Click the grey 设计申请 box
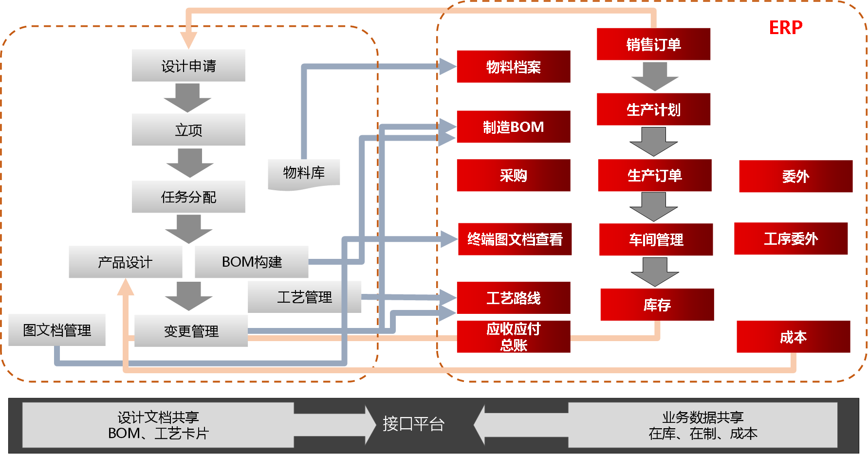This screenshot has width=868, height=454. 188,65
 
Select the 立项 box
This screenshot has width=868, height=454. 188,129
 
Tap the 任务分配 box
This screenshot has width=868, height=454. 188,197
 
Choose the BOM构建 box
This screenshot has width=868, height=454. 252,262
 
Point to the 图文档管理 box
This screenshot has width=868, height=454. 57,330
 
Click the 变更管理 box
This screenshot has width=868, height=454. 191,331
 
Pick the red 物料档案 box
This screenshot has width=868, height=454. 514,67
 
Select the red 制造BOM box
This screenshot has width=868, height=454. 514,127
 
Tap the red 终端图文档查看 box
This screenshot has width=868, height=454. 515,239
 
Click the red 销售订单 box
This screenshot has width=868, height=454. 653,44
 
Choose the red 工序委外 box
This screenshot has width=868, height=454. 791,238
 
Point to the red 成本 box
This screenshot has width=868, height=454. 794,337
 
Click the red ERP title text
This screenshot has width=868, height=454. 786,28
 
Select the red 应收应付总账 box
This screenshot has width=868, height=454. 514,337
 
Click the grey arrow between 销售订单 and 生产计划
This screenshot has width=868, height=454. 655,76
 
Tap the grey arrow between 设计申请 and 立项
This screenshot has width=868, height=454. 187,98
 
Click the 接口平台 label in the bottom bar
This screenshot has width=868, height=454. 413,424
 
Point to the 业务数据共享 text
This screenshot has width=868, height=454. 703,417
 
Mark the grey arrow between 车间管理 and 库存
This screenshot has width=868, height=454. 655,272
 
